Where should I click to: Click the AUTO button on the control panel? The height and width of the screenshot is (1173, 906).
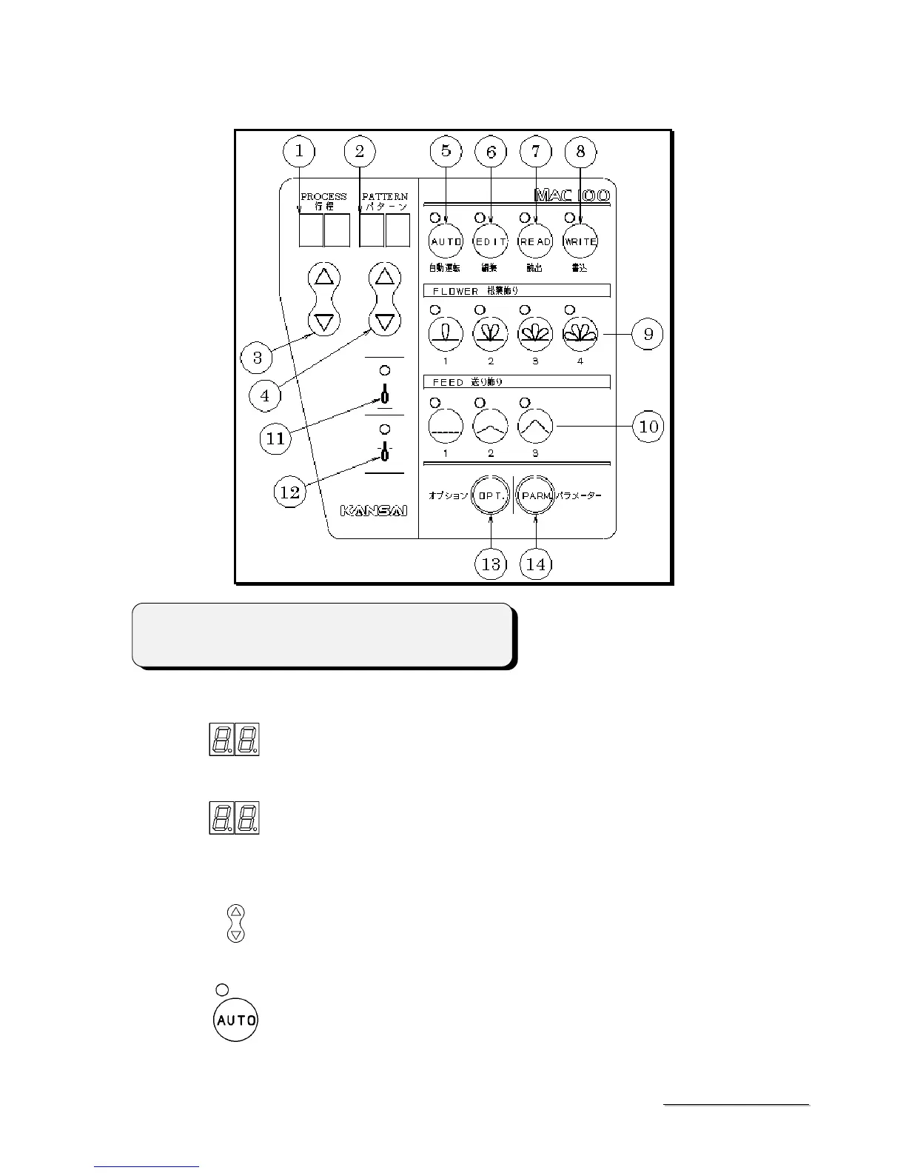point(446,241)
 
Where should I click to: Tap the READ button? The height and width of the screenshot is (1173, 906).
point(535,241)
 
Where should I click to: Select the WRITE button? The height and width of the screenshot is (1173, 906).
point(580,241)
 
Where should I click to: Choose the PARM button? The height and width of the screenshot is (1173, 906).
point(535,496)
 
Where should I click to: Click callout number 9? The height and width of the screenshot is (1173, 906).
point(648,334)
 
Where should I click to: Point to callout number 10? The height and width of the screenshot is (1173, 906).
point(648,427)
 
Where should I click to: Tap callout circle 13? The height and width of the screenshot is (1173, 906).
point(491,564)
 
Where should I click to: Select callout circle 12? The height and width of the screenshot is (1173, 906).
point(290,491)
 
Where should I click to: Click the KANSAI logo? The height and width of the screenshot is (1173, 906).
point(375,510)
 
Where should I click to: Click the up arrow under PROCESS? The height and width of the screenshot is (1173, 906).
point(323,278)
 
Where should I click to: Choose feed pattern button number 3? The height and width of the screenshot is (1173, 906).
point(535,426)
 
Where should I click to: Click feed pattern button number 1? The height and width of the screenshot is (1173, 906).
point(446,426)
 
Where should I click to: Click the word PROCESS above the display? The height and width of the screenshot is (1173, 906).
point(323,196)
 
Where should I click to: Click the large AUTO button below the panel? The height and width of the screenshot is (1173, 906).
point(235,1020)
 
